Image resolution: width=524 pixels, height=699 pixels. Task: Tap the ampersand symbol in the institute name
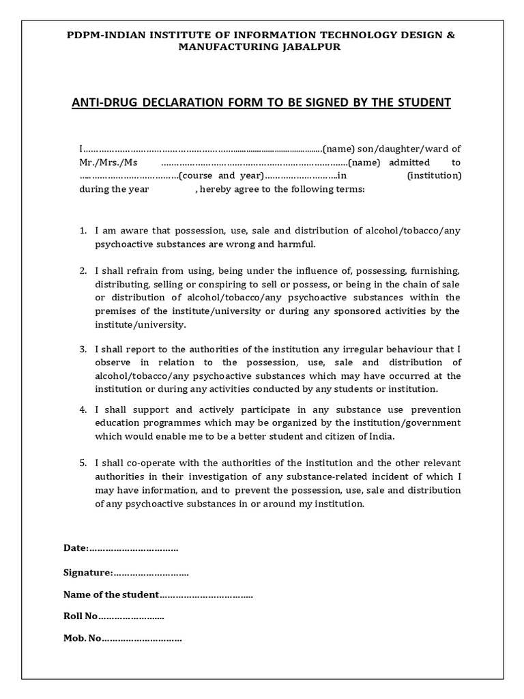coord(450,34)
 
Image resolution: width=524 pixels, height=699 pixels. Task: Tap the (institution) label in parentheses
coord(434,176)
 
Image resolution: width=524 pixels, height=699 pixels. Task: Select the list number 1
coord(83,231)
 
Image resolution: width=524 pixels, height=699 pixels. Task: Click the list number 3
coord(83,349)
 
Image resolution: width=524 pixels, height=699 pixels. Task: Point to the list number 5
coord(83,463)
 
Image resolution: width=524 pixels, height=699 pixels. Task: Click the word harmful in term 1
coord(297,244)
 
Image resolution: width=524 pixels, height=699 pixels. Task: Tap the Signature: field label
coord(87,572)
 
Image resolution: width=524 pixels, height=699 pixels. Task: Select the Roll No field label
coord(81,616)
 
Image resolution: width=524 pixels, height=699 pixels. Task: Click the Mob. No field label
coord(82,639)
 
